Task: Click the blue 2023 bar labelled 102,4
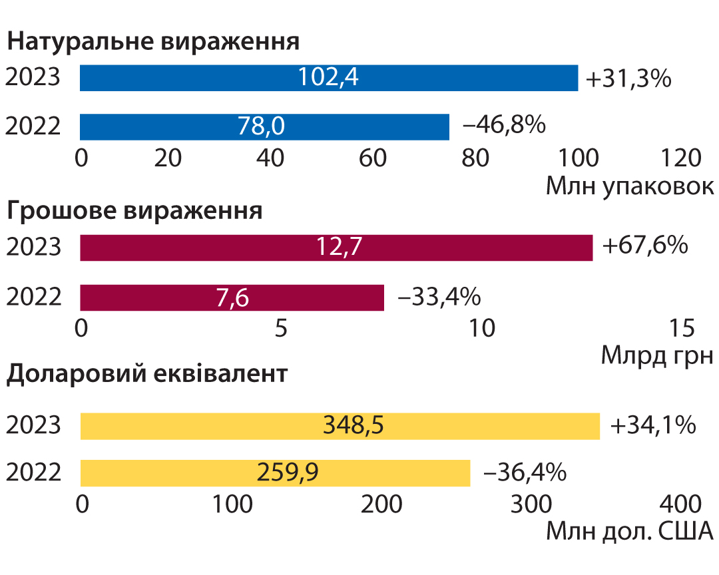tap(329, 78)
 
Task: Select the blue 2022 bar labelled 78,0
tap(264, 127)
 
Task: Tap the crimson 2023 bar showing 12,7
tap(336, 248)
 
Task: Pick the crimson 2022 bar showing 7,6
tap(232, 297)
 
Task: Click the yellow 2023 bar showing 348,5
tap(340, 427)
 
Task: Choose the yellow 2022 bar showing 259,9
tap(275, 473)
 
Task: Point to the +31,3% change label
tap(628, 79)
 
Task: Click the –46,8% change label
tap(505, 124)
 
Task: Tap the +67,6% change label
tap(645, 245)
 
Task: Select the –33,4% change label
tap(439, 297)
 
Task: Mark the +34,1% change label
tap(653, 425)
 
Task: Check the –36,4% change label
tap(525, 473)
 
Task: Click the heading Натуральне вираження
tap(154, 42)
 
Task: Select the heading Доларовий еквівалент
tap(147, 375)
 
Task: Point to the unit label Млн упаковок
tap(630, 186)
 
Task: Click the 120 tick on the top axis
tap(680, 158)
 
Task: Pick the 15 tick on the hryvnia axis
tap(682, 328)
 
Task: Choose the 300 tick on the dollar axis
tap(531, 504)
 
